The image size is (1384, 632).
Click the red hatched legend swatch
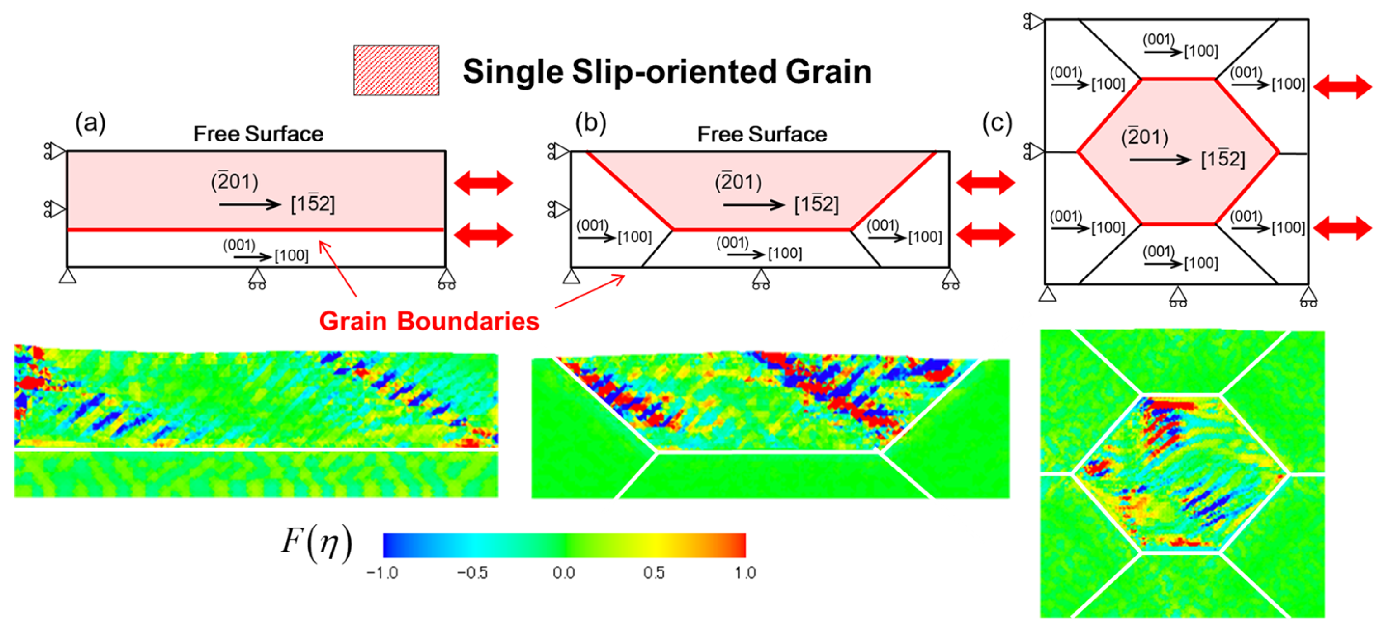[x=396, y=71]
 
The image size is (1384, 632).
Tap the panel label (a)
[x=90, y=123]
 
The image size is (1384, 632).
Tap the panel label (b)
[x=590, y=123]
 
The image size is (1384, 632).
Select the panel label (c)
[x=997, y=123]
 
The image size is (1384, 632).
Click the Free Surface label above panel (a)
[x=258, y=134]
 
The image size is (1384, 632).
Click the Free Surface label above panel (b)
[x=762, y=134]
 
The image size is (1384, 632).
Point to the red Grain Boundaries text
[x=429, y=321]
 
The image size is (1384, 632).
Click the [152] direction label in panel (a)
[x=313, y=204]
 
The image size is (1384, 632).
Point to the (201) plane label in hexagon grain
[x=1144, y=137]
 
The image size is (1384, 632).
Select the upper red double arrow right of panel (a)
[x=484, y=183]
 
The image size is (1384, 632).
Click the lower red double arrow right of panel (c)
[x=1343, y=228]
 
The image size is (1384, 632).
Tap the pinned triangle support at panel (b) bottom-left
[x=571, y=277]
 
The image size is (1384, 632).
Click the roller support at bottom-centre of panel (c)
[x=1178, y=296]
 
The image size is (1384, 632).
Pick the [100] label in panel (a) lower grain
[x=291, y=255]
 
